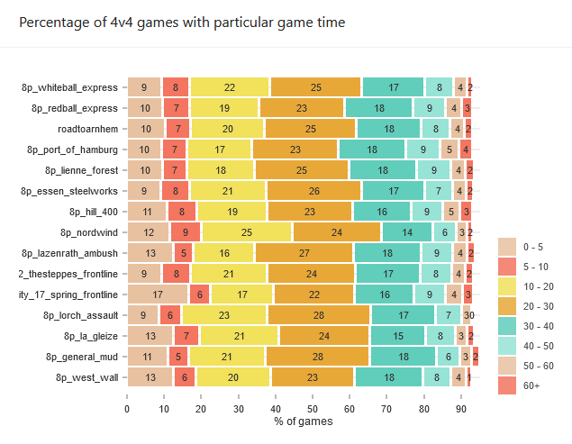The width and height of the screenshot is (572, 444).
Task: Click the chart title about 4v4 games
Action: (x=181, y=21)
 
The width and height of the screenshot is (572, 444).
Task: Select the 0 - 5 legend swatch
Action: (x=507, y=246)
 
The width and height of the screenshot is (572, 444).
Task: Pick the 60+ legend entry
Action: (x=507, y=385)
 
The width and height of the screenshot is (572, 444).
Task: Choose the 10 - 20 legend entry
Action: (x=507, y=285)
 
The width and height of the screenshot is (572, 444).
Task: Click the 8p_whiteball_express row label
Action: (x=70, y=87)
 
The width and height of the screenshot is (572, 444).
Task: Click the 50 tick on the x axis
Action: (x=312, y=408)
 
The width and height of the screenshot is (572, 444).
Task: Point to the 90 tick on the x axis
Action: (x=460, y=408)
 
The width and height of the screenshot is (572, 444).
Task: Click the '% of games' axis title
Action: (x=304, y=421)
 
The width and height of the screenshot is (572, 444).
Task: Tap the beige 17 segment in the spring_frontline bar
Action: (x=158, y=294)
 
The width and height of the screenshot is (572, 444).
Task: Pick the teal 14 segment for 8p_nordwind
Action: (x=406, y=232)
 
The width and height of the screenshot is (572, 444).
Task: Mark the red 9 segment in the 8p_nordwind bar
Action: (x=186, y=232)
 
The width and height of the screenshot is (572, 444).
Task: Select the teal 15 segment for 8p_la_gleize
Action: (x=397, y=336)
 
